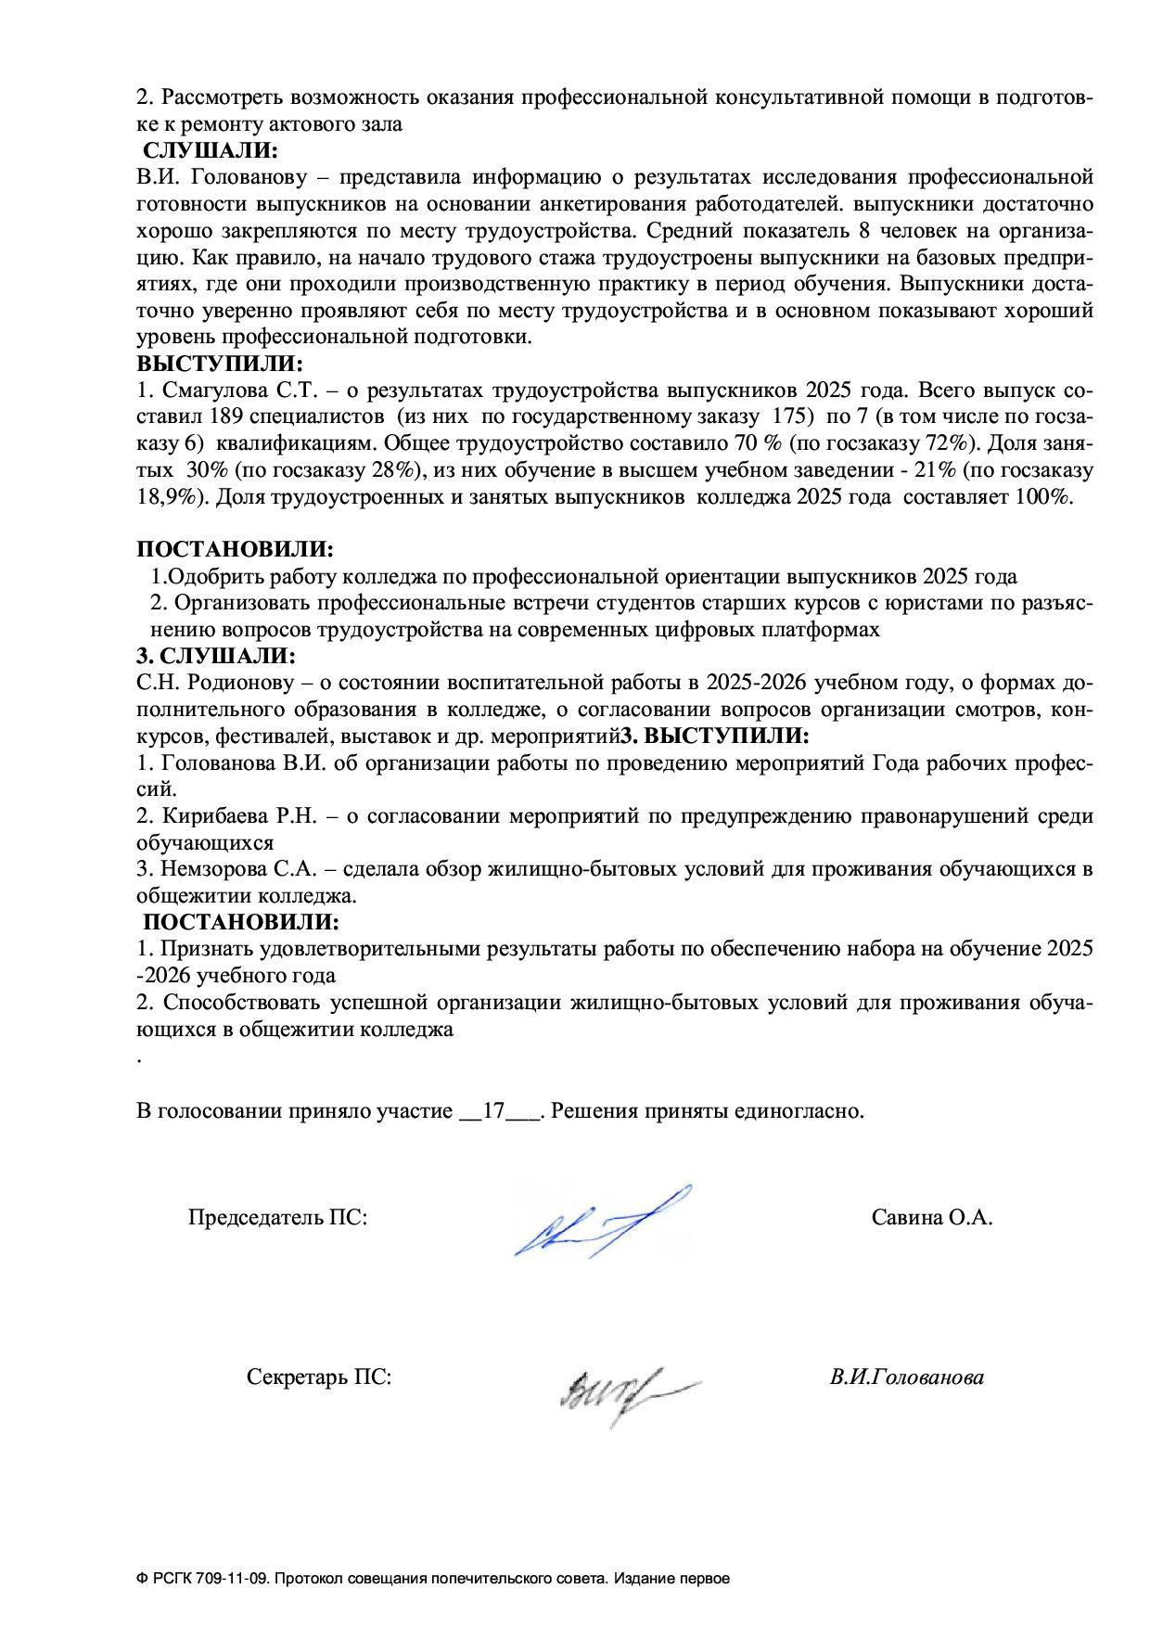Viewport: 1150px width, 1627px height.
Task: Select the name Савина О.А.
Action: tap(932, 1218)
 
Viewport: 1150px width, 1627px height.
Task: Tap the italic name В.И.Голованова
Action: tap(907, 1377)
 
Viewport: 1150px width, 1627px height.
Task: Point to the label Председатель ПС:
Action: tap(277, 1218)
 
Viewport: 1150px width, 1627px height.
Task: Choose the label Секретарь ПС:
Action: tap(319, 1377)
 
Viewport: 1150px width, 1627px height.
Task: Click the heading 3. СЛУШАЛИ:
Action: tap(216, 657)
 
